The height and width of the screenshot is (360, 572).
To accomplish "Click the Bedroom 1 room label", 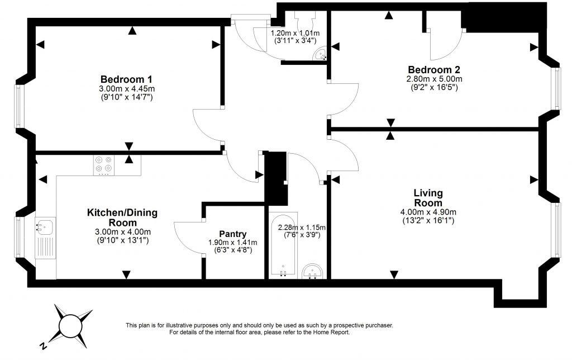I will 126,79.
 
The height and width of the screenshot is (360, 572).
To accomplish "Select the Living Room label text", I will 428,197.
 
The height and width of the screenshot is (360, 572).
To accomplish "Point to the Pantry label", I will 233,234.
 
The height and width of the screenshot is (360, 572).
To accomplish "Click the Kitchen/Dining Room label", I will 122,217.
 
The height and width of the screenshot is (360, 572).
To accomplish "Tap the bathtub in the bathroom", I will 283,246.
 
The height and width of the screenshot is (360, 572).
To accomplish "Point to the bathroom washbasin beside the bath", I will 312,271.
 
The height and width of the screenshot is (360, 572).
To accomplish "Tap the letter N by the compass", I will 43,346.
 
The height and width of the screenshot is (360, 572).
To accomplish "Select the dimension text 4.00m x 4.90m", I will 428,212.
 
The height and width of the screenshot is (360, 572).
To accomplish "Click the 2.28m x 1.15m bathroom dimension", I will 302,227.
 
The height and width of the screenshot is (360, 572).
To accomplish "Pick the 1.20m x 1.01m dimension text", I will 295,33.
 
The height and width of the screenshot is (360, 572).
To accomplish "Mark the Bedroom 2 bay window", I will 555,88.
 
